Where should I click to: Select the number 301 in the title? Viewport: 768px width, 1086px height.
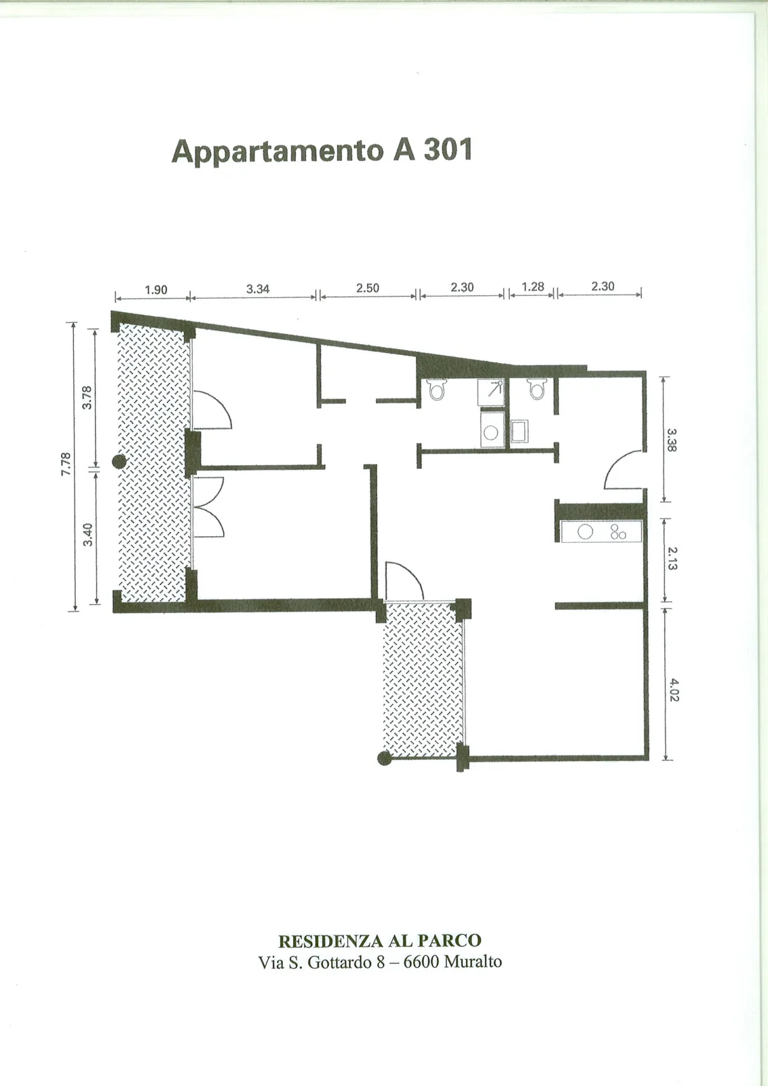click(x=448, y=149)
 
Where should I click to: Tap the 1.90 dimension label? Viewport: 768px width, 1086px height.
click(x=156, y=290)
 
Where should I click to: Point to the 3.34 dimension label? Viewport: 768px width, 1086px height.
click(x=258, y=289)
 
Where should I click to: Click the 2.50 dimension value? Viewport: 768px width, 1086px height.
click(x=368, y=288)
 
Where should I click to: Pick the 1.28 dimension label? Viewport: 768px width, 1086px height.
click(x=533, y=286)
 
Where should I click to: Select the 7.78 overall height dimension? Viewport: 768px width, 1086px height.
click(x=66, y=464)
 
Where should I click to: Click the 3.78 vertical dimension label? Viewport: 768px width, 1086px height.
click(x=87, y=398)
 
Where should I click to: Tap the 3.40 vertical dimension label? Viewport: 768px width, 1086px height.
click(x=88, y=535)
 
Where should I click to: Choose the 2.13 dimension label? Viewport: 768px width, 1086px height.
click(x=672, y=559)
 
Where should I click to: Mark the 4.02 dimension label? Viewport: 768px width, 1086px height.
click(x=674, y=690)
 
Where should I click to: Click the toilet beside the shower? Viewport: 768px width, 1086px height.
click(x=436, y=390)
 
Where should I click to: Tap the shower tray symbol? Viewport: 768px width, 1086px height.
click(x=491, y=392)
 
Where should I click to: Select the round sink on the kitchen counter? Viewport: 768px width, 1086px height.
click(x=585, y=532)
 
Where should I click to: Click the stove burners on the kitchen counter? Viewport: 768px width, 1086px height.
click(x=618, y=532)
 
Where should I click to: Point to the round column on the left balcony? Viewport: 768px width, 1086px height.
click(x=119, y=462)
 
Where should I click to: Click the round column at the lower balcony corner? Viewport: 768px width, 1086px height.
click(x=384, y=758)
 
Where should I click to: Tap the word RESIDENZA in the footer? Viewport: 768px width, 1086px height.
click(x=331, y=941)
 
